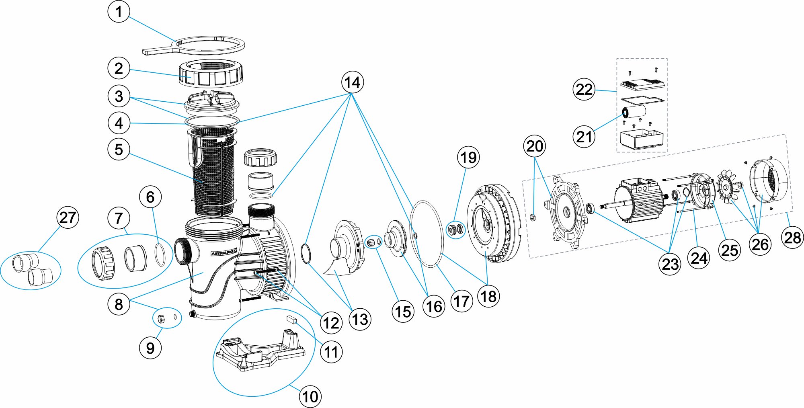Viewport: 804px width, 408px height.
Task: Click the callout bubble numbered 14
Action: [353, 82]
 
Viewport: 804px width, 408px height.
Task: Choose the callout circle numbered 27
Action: [68, 217]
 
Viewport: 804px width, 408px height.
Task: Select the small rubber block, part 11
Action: [291, 320]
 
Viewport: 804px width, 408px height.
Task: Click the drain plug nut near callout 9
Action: [161, 318]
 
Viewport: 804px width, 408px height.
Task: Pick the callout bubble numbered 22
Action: [584, 89]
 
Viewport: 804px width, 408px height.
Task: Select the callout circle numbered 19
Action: [468, 158]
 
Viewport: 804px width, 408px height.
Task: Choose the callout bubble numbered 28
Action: [792, 237]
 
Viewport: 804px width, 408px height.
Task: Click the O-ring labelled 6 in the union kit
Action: [160, 254]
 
